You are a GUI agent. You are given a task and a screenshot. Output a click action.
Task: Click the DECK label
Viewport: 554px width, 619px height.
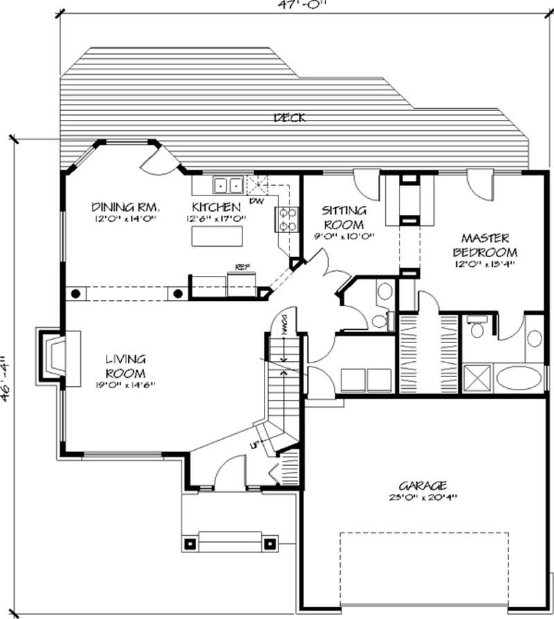(289, 118)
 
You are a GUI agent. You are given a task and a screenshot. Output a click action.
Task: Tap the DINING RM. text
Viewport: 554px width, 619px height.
(126, 207)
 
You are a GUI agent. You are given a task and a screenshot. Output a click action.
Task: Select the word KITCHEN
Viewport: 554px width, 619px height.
(216, 207)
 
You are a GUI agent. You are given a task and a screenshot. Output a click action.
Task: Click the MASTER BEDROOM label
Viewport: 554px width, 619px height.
(485, 244)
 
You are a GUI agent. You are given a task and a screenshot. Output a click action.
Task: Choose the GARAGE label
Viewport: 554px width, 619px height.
(422, 485)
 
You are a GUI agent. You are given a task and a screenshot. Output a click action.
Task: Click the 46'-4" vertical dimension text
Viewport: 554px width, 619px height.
(6, 378)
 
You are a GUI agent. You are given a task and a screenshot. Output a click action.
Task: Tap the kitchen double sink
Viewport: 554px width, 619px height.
(227, 185)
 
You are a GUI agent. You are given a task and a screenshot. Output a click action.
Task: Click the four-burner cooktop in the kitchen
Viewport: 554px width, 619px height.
(288, 219)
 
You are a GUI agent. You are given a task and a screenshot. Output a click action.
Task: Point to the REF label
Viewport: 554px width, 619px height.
(242, 266)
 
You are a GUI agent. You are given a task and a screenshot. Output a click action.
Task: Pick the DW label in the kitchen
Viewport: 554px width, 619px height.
(256, 202)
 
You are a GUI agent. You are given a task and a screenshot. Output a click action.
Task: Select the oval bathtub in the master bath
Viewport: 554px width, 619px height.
(521, 379)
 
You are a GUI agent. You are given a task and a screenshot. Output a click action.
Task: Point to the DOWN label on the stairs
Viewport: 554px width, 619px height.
(285, 324)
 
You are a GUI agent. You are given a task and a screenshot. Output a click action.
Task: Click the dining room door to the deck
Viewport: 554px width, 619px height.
(154, 163)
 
